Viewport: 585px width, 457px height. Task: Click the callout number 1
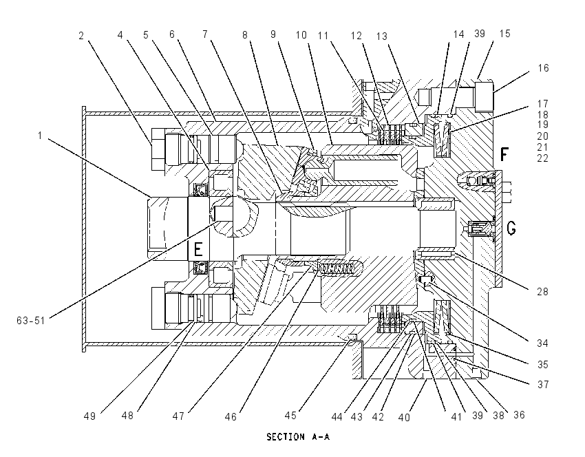[x=41, y=136]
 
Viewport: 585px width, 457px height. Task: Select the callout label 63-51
[x=30, y=321]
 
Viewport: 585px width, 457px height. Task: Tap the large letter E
[x=198, y=248]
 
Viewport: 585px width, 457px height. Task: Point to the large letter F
[x=504, y=154]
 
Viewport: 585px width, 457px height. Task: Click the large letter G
[x=511, y=228]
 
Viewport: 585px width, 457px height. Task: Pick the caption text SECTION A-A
[x=298, y=437]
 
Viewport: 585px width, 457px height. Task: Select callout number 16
[x=543, y=68]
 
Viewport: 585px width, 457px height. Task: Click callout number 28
[x=542, y=291]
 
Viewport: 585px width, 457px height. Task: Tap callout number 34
[x=542, y=343]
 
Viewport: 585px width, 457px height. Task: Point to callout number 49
[x=89, y=416]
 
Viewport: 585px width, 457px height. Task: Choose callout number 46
[x=231, y=416]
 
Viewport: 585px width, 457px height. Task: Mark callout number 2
[x=81, y=35]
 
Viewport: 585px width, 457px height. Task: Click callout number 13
[x=382, y=36]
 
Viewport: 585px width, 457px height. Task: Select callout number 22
[x=543, y=158]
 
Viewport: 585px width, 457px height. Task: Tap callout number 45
[x=290, y=415]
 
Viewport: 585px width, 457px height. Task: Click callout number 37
[x=543, y=384]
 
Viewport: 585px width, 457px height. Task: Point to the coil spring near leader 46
[x=336, y=268]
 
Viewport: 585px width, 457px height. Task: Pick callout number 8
[x=245, y=34]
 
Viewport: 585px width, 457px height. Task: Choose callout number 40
[x=404, y=417]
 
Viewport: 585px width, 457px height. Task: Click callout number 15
[x=504, y=34]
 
